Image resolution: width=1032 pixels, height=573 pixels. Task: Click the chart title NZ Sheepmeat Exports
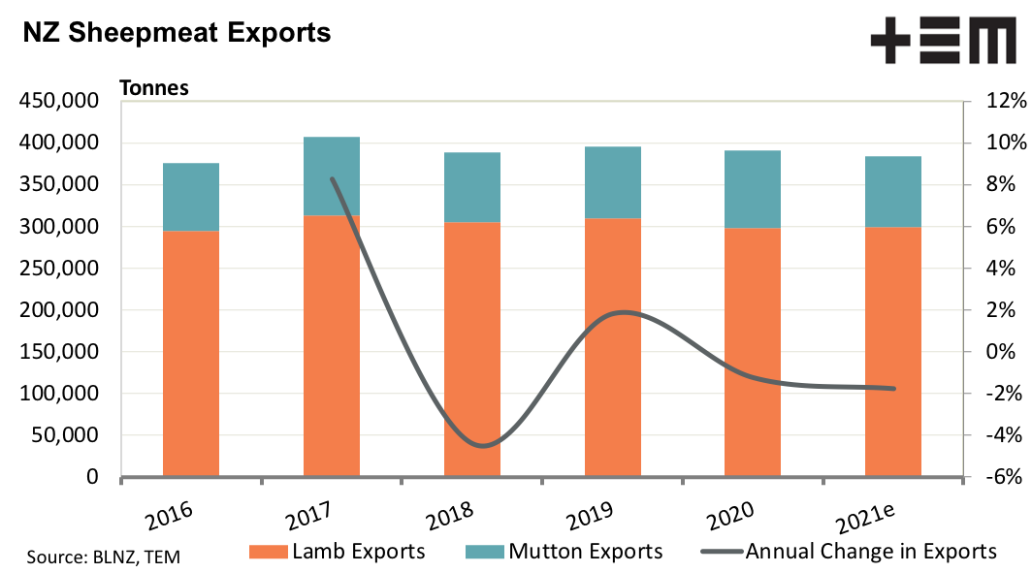(x=177, y=33)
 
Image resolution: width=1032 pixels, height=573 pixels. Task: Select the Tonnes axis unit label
(x=153, y=87)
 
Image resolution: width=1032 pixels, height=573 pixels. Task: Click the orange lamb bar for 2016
(x=191, y=354)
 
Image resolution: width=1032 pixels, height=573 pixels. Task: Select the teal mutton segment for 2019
(x=613, y=182)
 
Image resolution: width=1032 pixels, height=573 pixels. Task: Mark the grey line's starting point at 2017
(x=333, y=179)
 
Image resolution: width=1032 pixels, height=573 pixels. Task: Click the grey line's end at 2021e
(x=893, y=389)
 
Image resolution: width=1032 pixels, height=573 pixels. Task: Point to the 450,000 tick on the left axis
(x=58, y=102)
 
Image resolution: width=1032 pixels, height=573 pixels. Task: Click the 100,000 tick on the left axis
(x=58, y=395)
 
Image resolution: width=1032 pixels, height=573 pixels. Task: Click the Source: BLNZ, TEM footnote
(x=103, y=557)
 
